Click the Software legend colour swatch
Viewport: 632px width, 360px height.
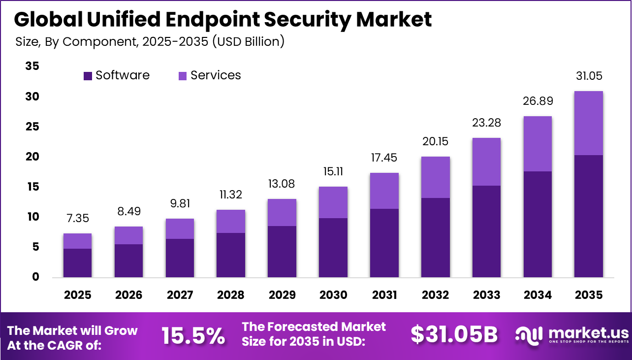[88, 76]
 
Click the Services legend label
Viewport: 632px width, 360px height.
[216, 75]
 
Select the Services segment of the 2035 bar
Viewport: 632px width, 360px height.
[588, 123]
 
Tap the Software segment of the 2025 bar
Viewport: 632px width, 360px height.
[77, 262]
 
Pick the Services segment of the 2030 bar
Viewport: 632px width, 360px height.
[333, 202]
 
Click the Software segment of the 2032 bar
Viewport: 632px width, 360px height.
[436, 237]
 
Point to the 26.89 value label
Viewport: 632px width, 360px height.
[537, 101]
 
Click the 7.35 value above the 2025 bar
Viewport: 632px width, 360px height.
[77, 218]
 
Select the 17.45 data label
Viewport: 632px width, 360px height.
[384, 158]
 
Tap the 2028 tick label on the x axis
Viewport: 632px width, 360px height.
[231, 295]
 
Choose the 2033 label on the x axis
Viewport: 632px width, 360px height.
[487, 295]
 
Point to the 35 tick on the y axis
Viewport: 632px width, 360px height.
[32, 66]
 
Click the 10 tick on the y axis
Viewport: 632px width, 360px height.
[32, 217]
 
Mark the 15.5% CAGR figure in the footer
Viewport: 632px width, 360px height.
[193, 336]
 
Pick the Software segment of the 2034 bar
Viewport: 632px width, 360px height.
[537, 224]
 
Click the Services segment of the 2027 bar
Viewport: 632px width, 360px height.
[180, 229]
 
